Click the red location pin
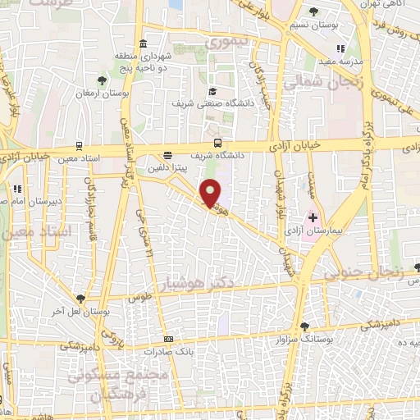click(212, 192)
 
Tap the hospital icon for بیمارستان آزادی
click(312, 219)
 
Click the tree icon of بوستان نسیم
click(316, 11)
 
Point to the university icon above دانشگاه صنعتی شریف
click(212, 91)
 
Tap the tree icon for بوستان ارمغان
click(101, 80)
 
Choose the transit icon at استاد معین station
click(78, 145)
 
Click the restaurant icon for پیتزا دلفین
click(168, 154)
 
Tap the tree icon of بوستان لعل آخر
click(80, 299)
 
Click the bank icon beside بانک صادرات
click(169, 339)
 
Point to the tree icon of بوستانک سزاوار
click(304, 325)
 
